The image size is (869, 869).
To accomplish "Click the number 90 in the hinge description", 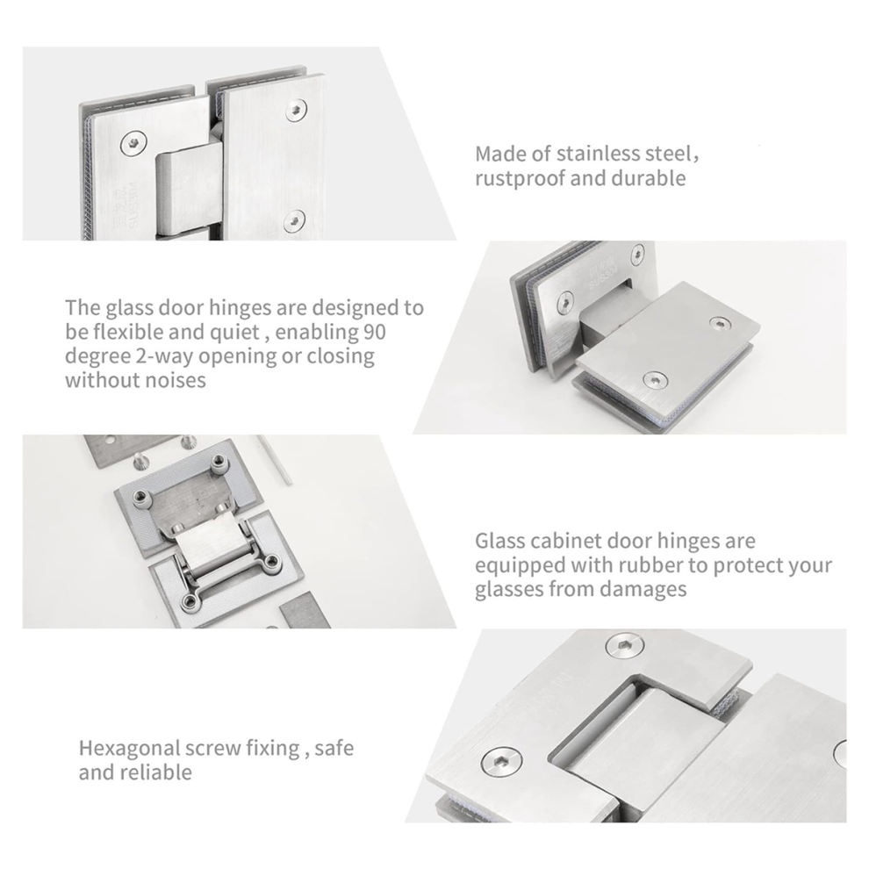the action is click(375, 332).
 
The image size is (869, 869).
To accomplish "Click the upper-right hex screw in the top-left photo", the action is click(298, 111).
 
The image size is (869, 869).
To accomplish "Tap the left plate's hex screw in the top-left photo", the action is click(133, 144).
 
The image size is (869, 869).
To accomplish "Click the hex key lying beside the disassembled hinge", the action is click(275, 460).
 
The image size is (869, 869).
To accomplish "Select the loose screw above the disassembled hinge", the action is click(139, 461).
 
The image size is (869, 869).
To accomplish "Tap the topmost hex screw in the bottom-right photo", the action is click(625, 646).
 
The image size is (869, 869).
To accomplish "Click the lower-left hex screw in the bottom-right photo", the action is click(502, 763).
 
